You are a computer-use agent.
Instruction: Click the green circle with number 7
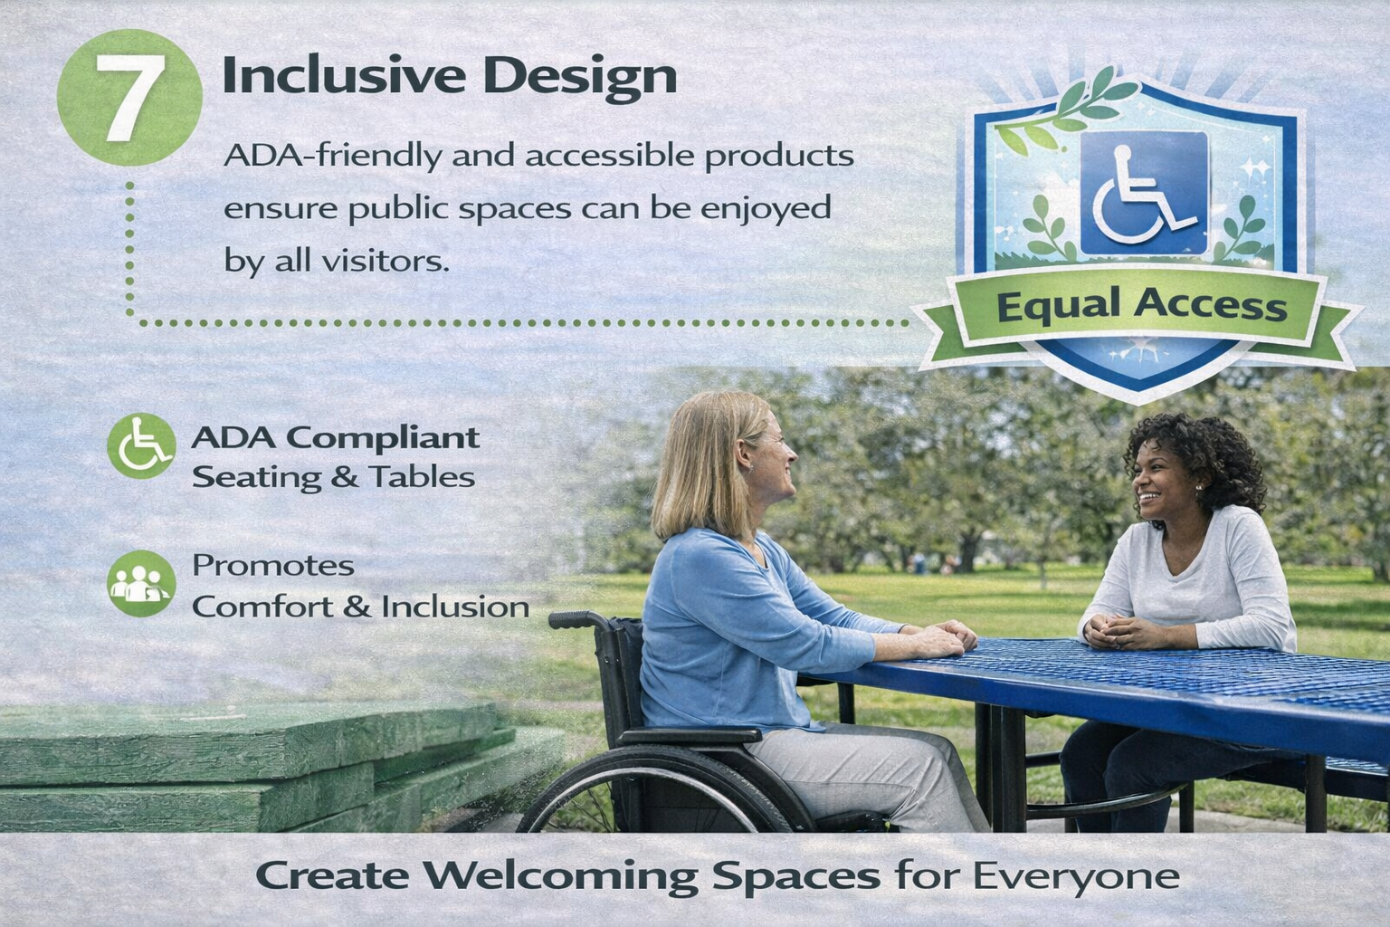[129, 98]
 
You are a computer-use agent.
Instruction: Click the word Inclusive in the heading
[344, 75]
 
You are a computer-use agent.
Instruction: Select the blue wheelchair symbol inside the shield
[1144, 193]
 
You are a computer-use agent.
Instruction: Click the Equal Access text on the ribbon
[1142, 306]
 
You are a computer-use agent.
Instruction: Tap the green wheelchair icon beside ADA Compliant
[141, 445]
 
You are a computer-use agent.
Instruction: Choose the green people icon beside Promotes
[141, 583]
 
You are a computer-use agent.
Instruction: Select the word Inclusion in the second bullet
[455, 607]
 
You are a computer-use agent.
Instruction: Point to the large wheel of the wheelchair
[664, 791]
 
